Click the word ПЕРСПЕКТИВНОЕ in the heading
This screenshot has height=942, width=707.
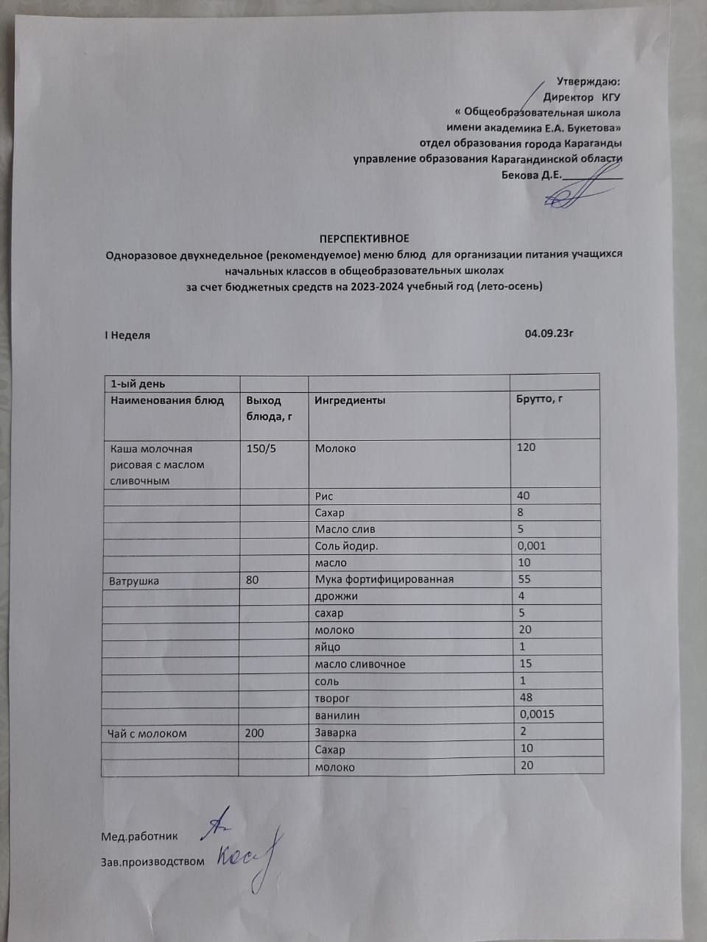[x=364, y=238]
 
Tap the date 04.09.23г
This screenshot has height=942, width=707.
[x=549, y=333]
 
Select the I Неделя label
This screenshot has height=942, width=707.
[x=127, y=335]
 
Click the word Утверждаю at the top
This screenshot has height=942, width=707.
[x=588, y=81]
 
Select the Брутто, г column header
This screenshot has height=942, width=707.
[x=541, y=399]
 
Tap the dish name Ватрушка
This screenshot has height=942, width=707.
[x=134, y=581]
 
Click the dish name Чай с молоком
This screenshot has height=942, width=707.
[x=148, y=733]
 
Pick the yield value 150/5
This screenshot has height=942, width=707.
[x=261, y=448]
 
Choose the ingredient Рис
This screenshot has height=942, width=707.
[x=324, y=496]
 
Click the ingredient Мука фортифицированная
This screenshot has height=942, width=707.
[x=384, y=579]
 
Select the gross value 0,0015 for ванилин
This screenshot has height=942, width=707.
[x=537, y=714]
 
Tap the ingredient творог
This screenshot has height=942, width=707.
[x=332, y=698]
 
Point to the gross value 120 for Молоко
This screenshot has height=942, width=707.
[x=526, y=447]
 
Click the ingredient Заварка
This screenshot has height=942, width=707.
[x=336, y=733]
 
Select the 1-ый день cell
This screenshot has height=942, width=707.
[x=138, y=383]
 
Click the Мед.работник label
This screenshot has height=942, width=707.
[x=139, y=836]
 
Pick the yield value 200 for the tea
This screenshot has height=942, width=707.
[x=254, y=733]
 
